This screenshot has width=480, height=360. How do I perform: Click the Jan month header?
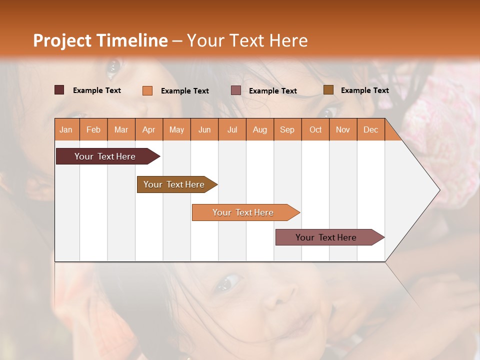click(66, 129)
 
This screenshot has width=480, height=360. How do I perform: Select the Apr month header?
click(148, 129)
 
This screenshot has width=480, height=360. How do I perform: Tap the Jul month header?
click(232, 129)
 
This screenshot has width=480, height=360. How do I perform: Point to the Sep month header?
click(287, 129)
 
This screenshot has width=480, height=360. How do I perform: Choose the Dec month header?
click(370, 129)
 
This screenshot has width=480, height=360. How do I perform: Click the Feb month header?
click(93, 129)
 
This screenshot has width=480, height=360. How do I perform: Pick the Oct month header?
click(315, 129)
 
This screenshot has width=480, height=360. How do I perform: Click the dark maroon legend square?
click(59, 90)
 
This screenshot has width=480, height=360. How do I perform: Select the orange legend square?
click(147, 90)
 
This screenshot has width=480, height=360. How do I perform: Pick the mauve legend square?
click(236, 90)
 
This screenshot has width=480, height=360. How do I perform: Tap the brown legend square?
click(328, 90)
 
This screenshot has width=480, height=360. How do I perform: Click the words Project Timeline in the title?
click(100, 40)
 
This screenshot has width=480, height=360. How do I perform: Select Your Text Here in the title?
click(247, 40)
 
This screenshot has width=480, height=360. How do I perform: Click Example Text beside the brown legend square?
click(364, 90)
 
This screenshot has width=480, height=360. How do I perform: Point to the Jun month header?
click(204, 129)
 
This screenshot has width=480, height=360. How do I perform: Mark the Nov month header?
click(343, 129)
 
